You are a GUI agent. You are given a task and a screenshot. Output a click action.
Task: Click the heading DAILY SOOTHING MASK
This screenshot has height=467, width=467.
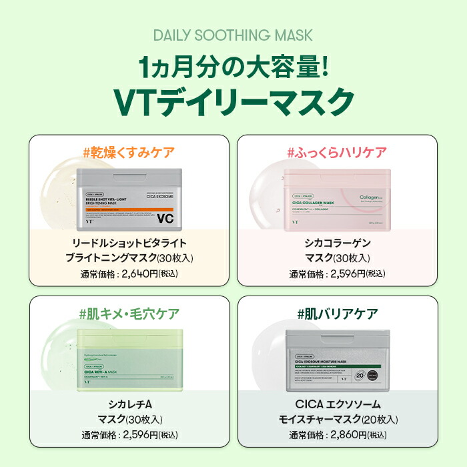coord(233,35)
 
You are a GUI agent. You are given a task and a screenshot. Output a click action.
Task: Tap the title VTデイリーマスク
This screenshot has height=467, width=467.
coord(233,101)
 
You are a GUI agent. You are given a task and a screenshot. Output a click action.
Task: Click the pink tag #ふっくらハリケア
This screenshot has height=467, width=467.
coord(337,153)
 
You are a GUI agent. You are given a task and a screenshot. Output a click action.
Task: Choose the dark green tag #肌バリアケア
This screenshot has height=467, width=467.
coord(337,313)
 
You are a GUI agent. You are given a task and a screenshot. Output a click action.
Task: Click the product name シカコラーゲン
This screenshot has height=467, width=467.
coord(337,243)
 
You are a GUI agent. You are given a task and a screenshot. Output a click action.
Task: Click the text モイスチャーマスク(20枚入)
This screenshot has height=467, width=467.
coord(337,420)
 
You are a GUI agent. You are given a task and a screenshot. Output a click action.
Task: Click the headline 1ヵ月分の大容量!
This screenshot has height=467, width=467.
coord(233,68)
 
